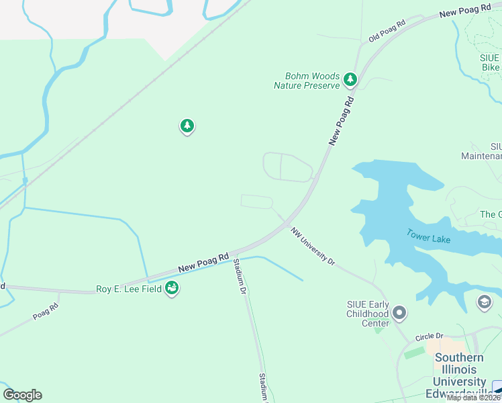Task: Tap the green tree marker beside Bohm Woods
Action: tap(350, 80)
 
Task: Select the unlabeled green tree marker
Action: tap(187, 126)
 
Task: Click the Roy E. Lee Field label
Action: tap(128, 289)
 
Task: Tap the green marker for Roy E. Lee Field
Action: tap(172, 288)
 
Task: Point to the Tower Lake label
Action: tap(428, 236)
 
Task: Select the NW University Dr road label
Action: tap(312, 245)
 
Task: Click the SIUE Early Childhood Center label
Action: tap(367, 314)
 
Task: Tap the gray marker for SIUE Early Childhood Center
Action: tap(400, 313)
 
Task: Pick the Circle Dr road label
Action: tap(430, 336)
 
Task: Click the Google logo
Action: tap(22, 395)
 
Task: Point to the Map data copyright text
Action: tap(473, 398)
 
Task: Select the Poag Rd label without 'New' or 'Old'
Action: tap(46, 310)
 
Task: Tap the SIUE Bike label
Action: tap(490, 62)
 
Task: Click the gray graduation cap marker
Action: tap(484, 302)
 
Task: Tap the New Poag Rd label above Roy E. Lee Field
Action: tap(203, 262)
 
